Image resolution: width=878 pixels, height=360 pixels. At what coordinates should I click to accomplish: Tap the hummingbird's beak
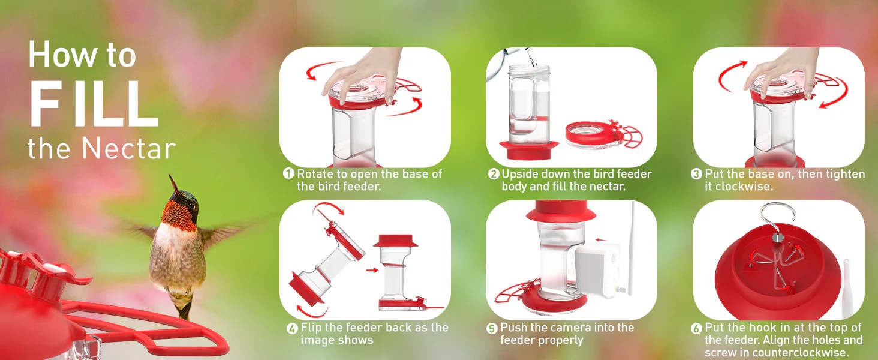[175, 184]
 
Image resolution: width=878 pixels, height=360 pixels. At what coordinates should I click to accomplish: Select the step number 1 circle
[288, 174]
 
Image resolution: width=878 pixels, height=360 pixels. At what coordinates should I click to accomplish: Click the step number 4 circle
[292, 328]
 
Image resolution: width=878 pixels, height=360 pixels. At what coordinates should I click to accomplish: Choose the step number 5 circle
[492, 328]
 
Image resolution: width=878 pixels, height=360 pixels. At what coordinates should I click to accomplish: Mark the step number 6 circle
[696, 328]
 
